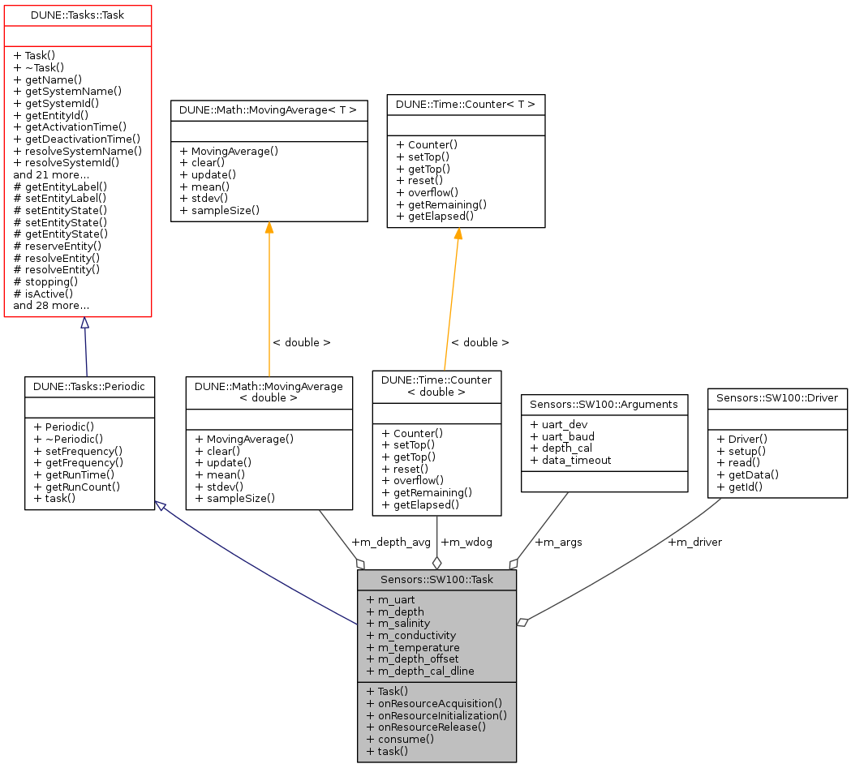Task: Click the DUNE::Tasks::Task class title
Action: click(78, 15)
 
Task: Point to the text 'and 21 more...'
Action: click(51, 174)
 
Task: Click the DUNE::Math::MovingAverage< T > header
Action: click(269, 108)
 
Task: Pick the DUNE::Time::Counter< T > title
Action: click(466, 104)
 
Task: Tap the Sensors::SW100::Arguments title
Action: click(604, 403)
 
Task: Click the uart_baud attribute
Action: click(562, 436)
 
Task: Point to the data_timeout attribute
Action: click(571, 460)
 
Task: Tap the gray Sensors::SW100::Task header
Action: click(436, 580)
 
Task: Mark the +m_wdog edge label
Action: click(466, 542)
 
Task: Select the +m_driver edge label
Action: click(694, 542)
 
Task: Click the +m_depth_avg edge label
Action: click(391, 542)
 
